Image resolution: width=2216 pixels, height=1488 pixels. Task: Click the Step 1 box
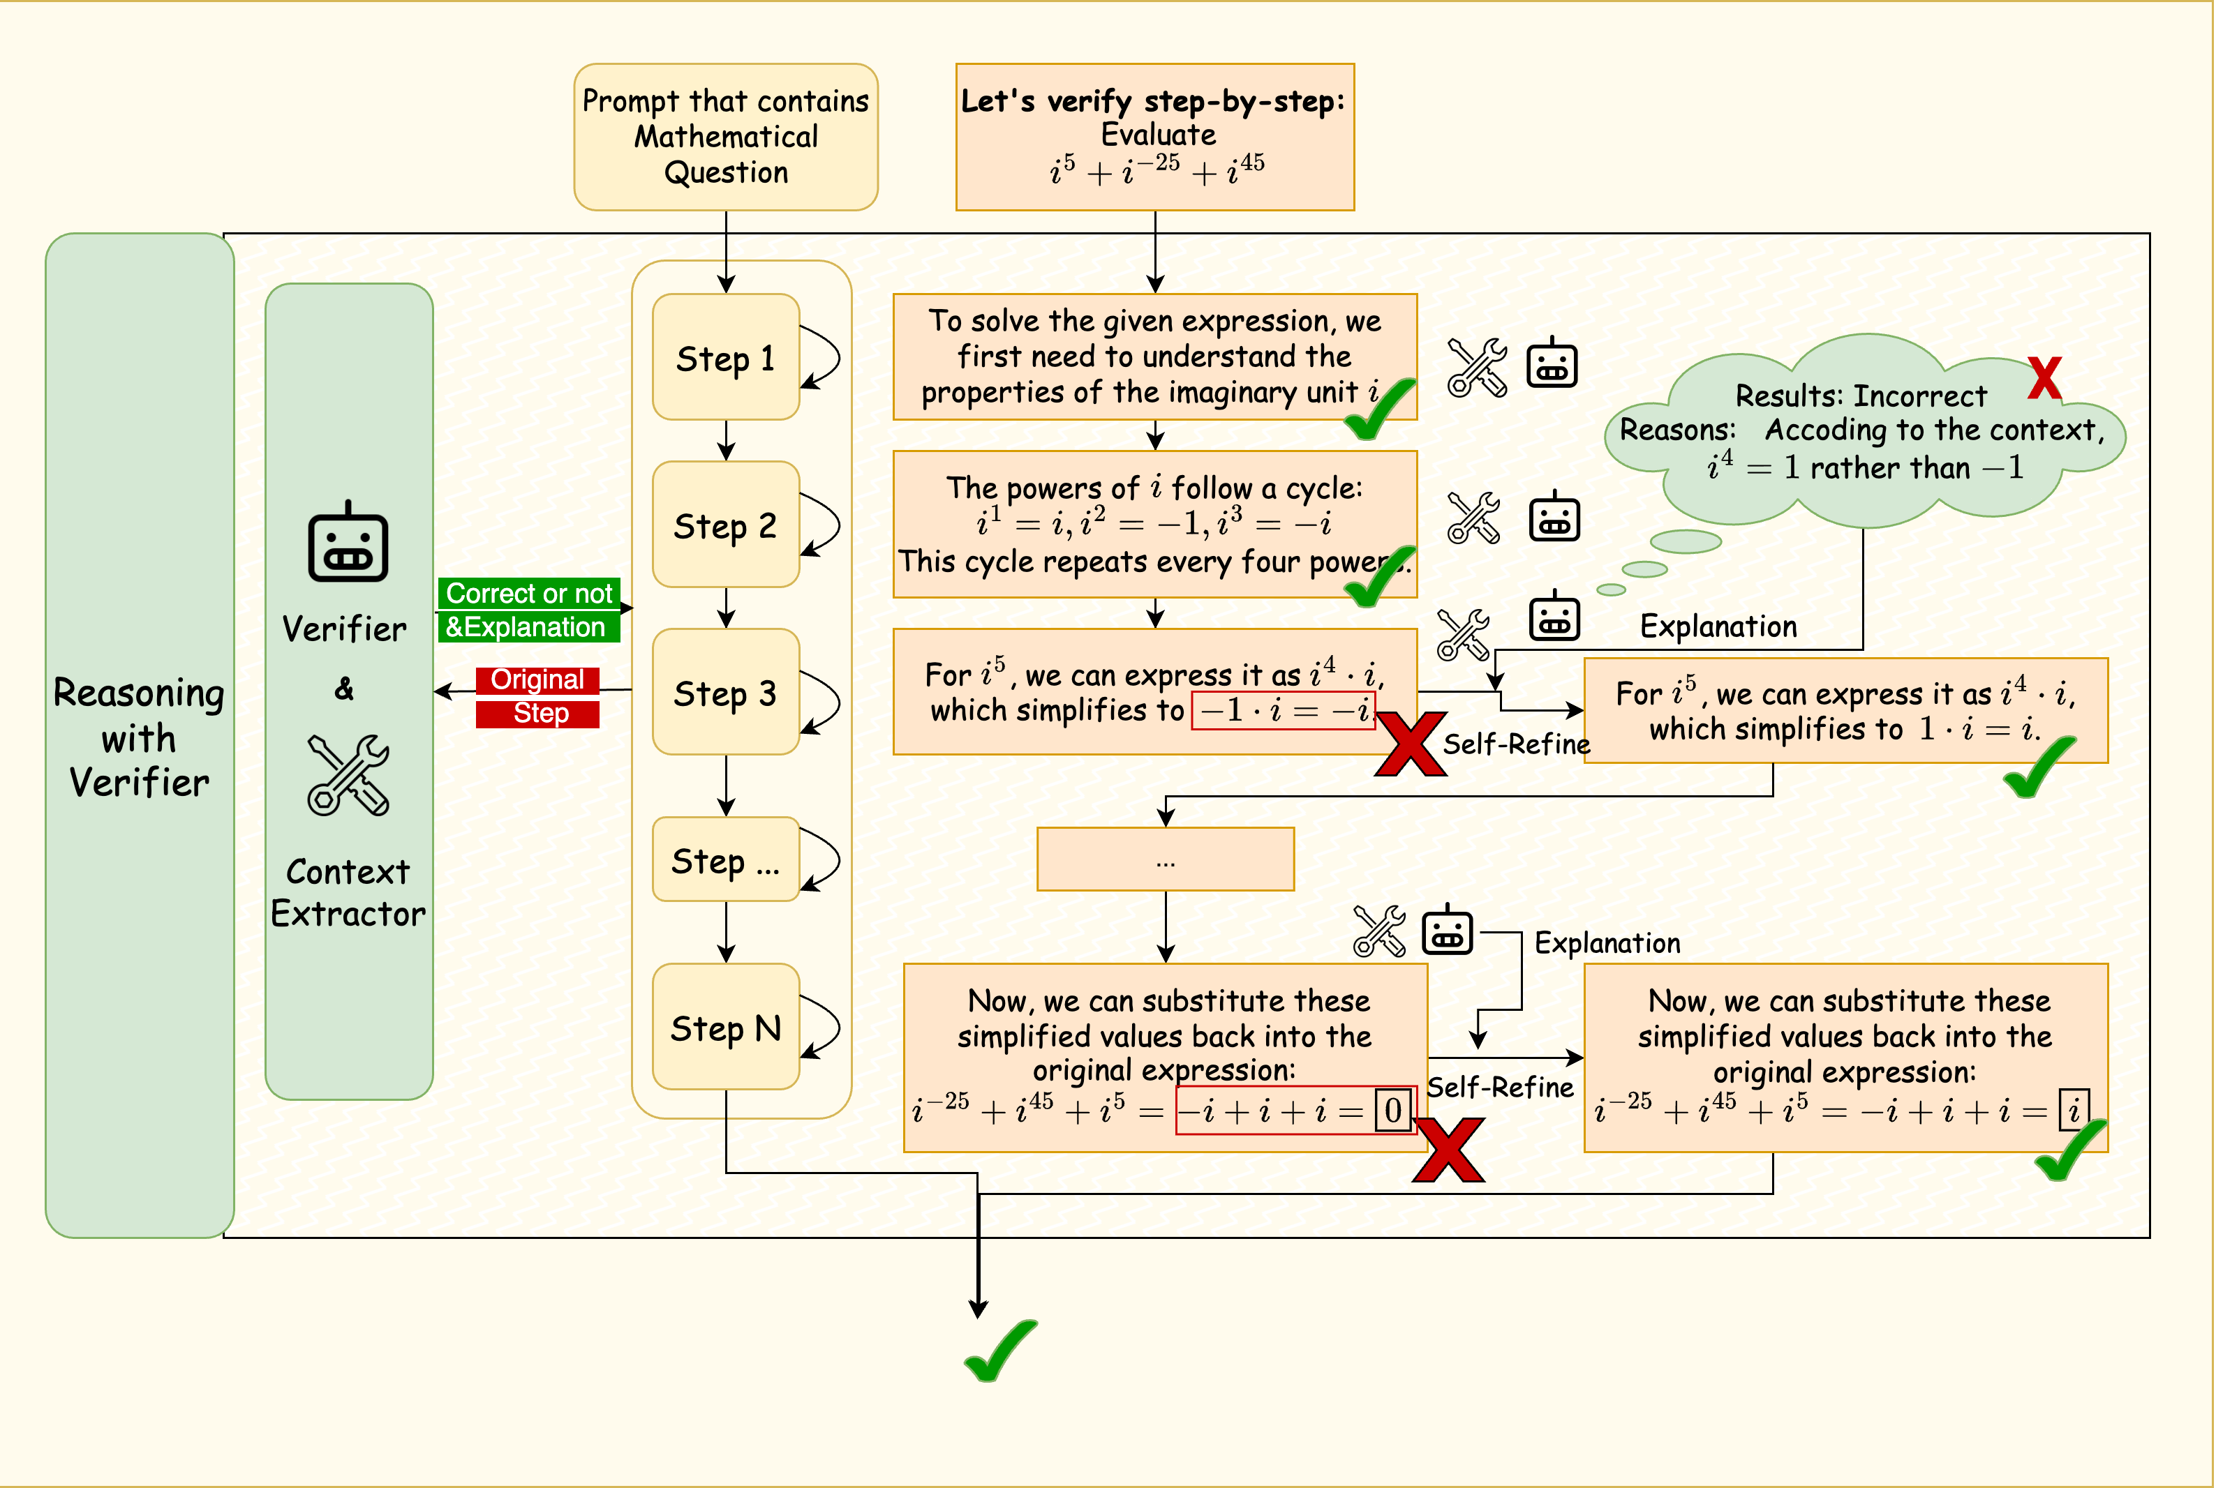coord(725,358)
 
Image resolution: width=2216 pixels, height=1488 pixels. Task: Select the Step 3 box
coord(725,693)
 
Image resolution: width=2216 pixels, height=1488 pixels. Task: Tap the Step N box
coord(725,1028)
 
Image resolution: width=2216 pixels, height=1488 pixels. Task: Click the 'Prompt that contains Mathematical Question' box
coord(725,137)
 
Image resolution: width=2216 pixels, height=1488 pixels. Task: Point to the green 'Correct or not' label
coord(529,594)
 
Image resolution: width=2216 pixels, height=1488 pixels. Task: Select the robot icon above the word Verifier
coord(348,543)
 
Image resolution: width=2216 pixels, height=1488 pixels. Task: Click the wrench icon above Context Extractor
coord(348,774)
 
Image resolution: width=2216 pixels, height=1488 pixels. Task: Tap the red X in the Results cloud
coord(2044,379)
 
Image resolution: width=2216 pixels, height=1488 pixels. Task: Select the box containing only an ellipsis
coord(1165,859)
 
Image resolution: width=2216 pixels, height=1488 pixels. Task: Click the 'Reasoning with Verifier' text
coord(140,737)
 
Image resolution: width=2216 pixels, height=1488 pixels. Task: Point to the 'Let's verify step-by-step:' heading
coord(1154,100)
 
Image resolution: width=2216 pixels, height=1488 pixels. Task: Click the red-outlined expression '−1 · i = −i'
coord(1283,710)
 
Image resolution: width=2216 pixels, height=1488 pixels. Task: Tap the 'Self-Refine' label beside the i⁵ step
coord(1516,744)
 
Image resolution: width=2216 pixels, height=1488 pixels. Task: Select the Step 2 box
coord(725,525)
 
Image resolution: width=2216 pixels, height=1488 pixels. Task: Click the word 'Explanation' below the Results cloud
coord(1718,626)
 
